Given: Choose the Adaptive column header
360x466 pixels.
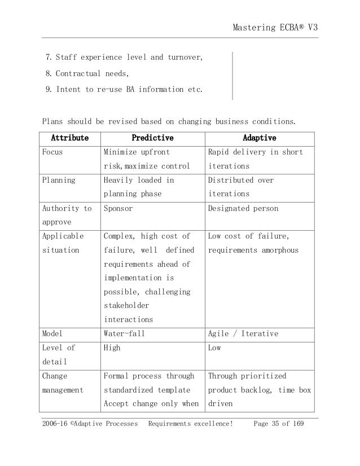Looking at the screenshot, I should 259,138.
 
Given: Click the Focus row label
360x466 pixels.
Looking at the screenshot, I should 52,152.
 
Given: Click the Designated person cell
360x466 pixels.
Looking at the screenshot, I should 243,209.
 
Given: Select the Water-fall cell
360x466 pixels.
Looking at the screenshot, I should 124,333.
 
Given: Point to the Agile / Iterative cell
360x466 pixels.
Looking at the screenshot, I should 243,333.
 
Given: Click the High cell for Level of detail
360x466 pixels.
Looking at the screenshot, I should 111,348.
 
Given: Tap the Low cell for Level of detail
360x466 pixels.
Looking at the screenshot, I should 214,348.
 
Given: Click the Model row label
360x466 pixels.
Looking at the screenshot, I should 52,333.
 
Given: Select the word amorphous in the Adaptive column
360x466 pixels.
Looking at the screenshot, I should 278,250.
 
